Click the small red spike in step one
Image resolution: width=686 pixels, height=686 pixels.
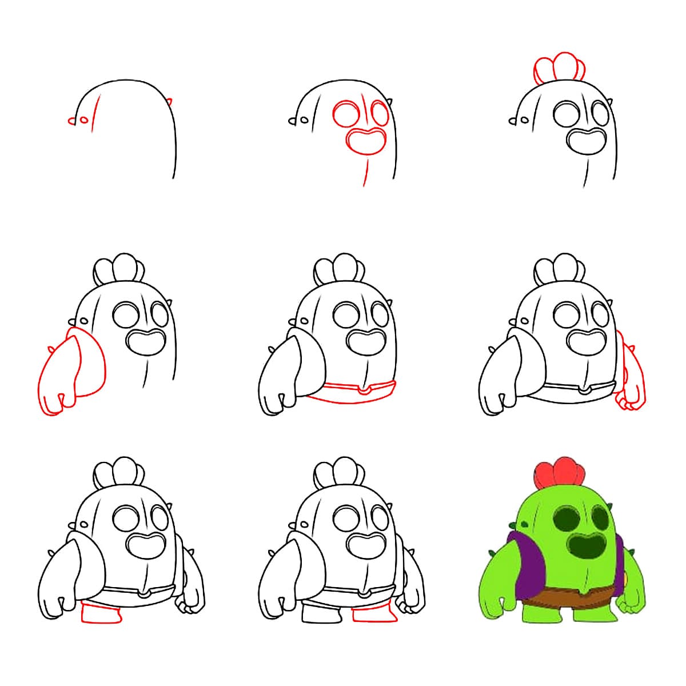point(170,102)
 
